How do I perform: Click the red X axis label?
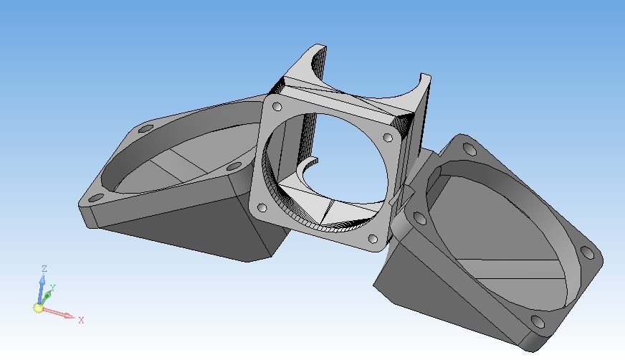[81, 320]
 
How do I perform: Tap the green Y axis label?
[52, 288]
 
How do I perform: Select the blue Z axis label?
[44, 269]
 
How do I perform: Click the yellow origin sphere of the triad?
[38, 308]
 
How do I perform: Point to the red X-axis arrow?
[58, 313]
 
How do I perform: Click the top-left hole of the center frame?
[277, 106]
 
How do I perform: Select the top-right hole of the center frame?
[388, 138]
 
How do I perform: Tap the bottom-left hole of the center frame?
[262, 208]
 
